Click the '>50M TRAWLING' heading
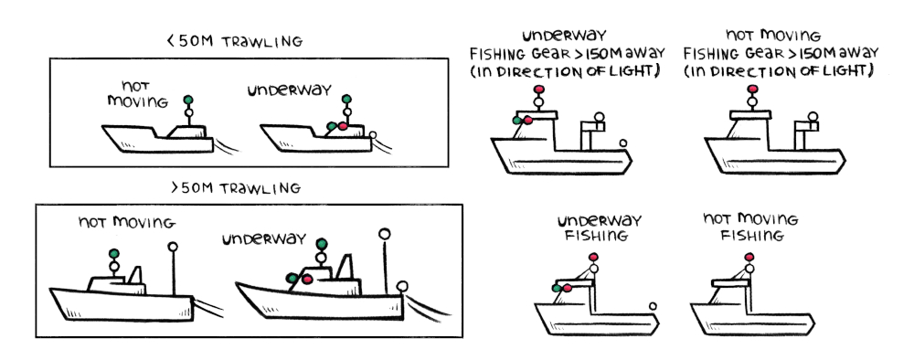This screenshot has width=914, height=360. coord(236,188)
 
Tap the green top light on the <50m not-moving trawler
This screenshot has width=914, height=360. coord(188,99)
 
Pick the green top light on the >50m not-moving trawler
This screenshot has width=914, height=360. coord(114,252)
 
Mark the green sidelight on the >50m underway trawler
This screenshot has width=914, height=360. coord(292,276)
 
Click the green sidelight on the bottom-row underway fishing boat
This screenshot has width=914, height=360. coord(557,288)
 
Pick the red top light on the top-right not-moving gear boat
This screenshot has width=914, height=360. coord(752,90)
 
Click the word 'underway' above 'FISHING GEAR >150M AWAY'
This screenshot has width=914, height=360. coord(565,37)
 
